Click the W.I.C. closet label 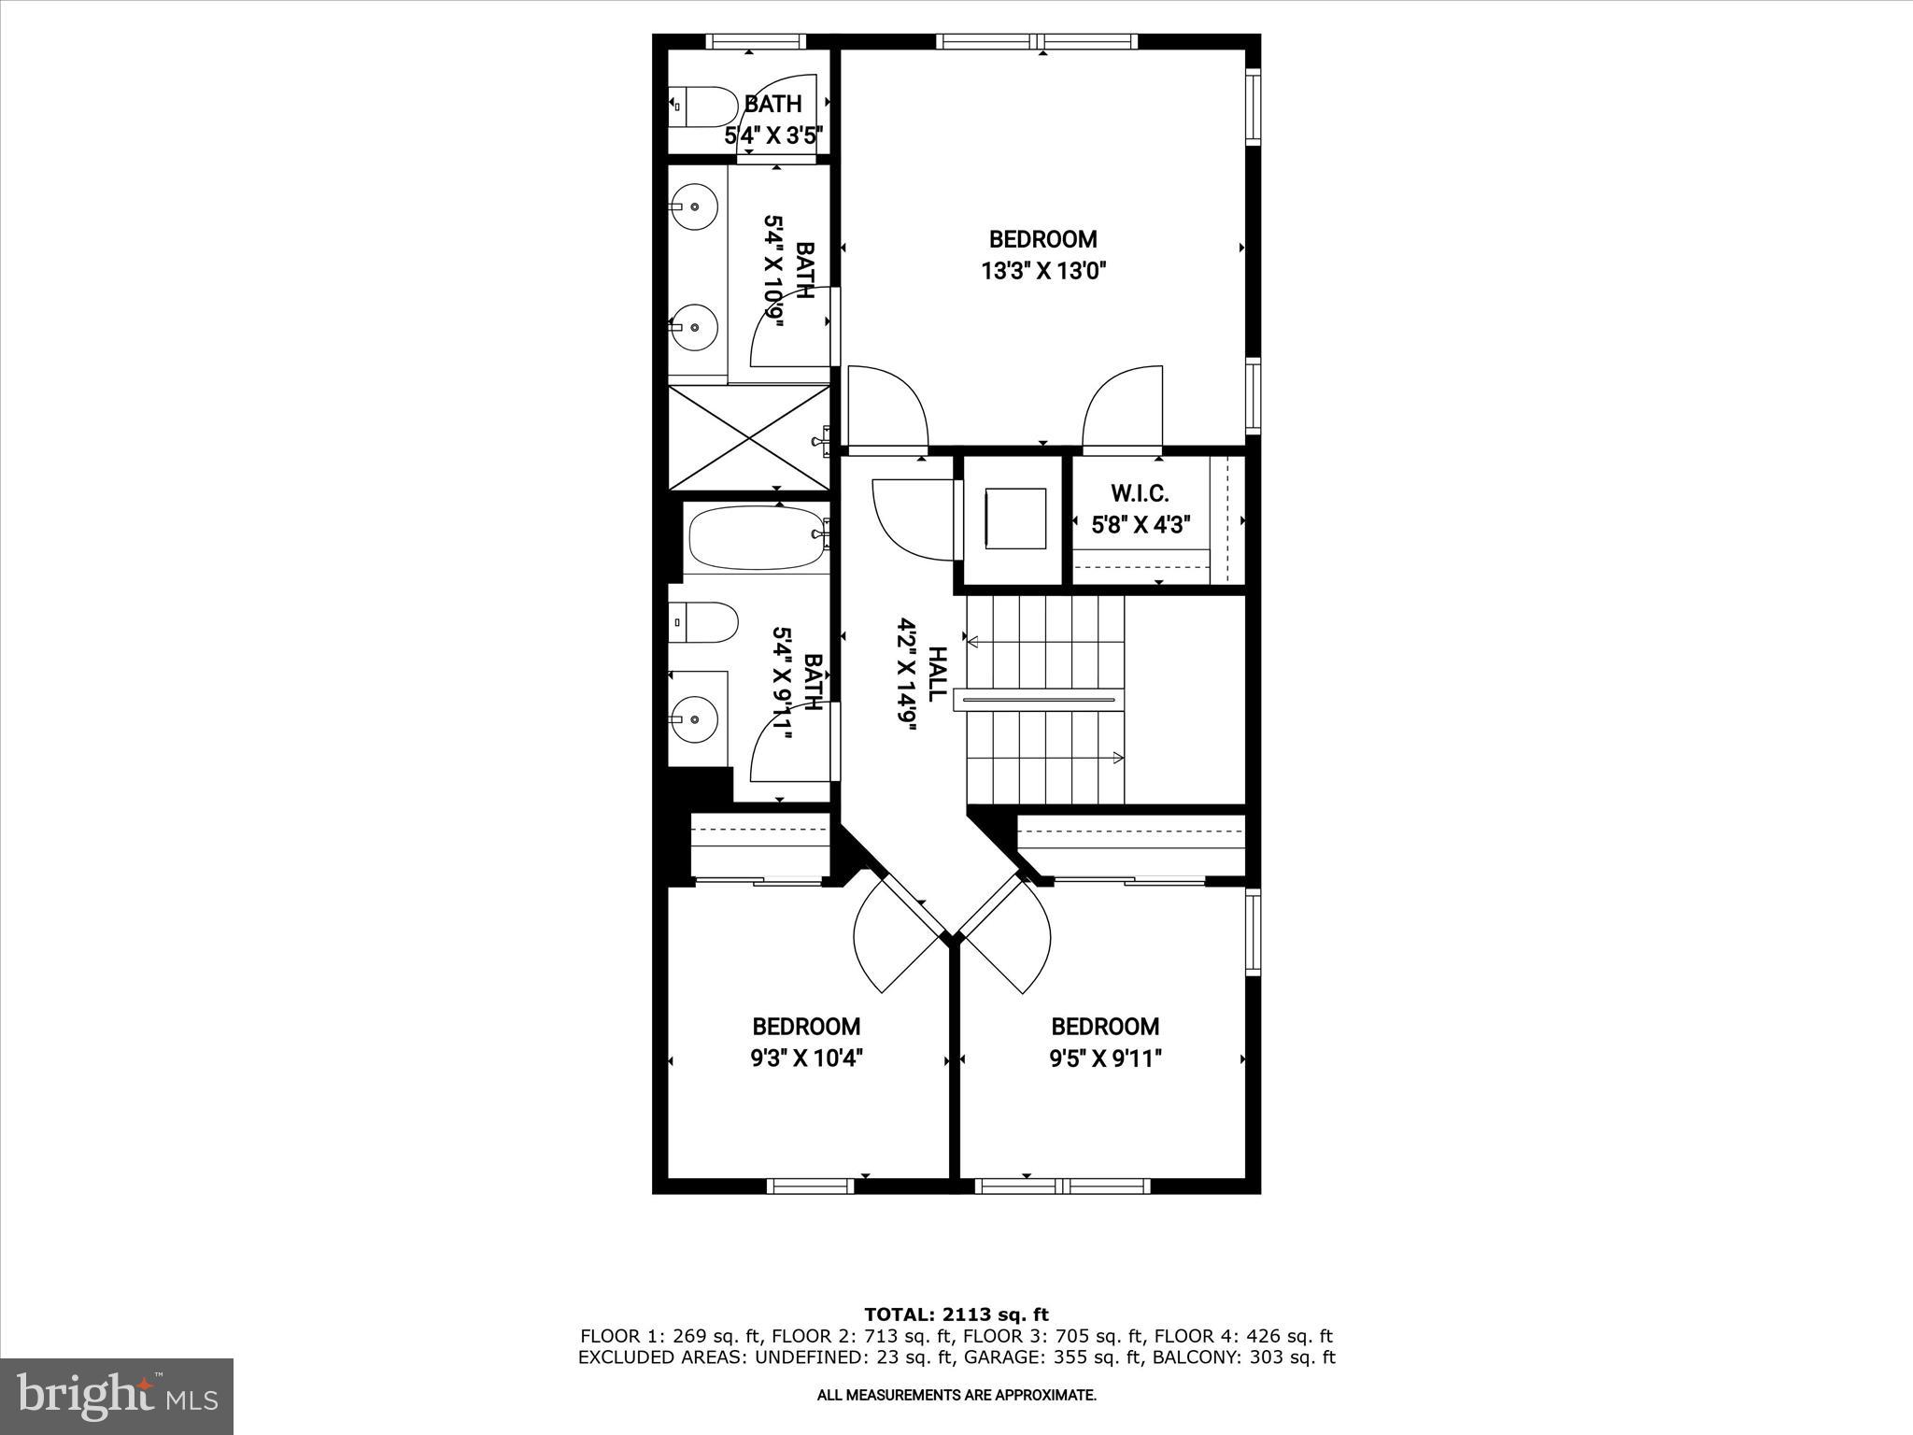coord(1140,493)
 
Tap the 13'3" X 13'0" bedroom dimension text coord(1043,272)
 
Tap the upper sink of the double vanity coord(694,206)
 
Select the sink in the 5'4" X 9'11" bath coord(695,718)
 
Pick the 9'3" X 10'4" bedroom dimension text coord(806,1058)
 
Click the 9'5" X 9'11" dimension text coord(1105,1058)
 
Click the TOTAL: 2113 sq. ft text coord(956,1314)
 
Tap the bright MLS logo coord(117,1395)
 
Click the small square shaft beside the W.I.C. coord(1013,519)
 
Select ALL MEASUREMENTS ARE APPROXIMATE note coord(956,1396)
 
